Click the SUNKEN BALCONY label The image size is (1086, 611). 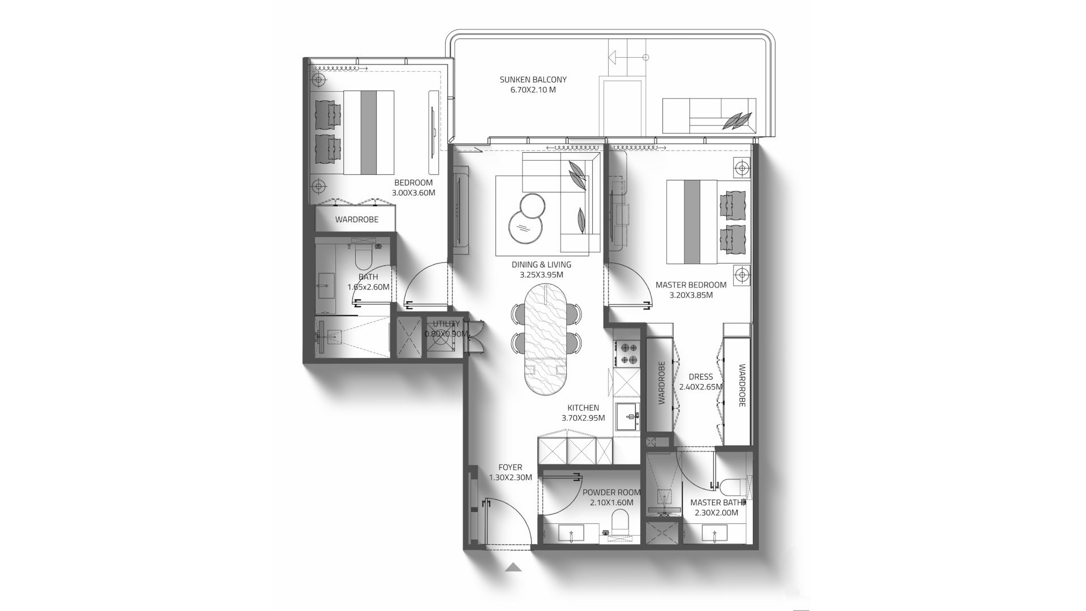(x=533, y=80)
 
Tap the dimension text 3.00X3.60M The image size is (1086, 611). (x=413, y=193)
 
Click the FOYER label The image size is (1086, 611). (x=510, y=467)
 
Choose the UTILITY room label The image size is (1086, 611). (x=446, y=324)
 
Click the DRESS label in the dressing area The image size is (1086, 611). (x=700, y=377)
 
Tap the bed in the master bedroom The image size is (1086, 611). (x=693, y=222)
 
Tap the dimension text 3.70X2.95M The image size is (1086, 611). (x=583, y=418)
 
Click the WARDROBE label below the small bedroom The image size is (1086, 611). (x=356, y=220)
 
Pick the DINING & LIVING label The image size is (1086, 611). (x=541, y=264)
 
